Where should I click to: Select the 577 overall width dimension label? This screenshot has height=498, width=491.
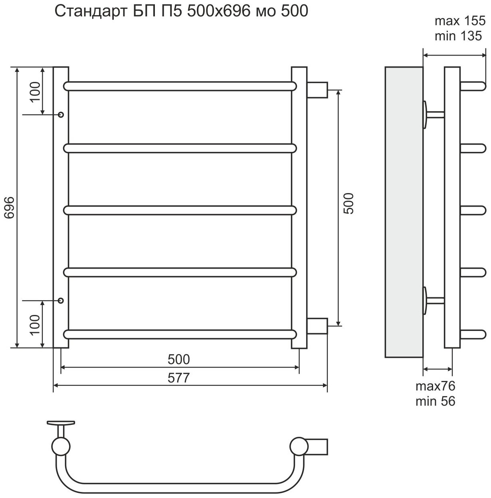(x=178, y=378)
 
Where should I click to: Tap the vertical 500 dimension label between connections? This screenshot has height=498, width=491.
(x=348, y=203)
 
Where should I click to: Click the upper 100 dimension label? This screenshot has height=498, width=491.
(x=35, y=92)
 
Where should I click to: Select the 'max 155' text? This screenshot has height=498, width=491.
(x=459, y=21)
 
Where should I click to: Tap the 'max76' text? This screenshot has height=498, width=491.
(x=436, y=386)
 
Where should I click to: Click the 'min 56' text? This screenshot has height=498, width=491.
(x=436, y=401)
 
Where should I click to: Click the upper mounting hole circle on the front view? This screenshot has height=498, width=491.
(x=61, y=115)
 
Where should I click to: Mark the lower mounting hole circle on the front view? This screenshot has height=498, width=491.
(x=61, y=300)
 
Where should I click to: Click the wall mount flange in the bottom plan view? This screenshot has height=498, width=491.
(x=61, y=423)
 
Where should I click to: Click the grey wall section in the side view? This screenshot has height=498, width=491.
(x=404, y=212)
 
